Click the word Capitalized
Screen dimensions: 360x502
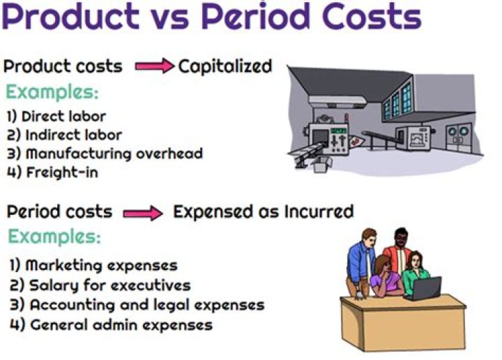225,67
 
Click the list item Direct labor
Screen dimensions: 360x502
56,117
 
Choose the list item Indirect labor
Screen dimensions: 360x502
63,135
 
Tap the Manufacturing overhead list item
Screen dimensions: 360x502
105,153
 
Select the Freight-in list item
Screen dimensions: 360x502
52,172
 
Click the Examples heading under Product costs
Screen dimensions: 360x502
52,92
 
